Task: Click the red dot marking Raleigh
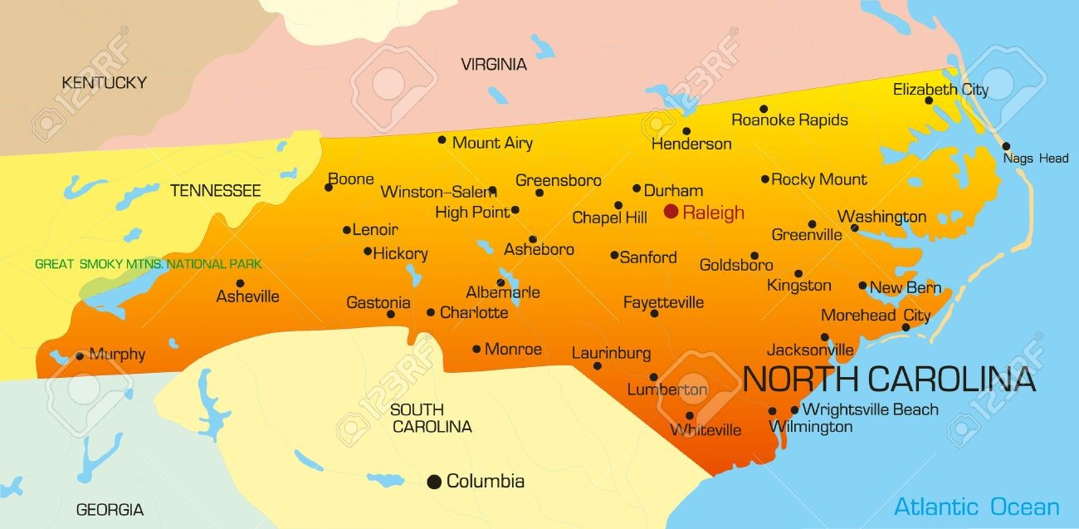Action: (671, 212)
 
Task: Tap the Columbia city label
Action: (486, 481)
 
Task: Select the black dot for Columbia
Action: (433, 482)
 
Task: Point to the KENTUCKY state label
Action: (104, 82)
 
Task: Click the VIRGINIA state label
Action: (494, 64)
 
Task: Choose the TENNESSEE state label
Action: (216, 190)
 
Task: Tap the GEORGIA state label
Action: (110, 509)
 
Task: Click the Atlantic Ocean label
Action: (976, 507)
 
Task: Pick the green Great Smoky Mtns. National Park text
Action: (148, 264)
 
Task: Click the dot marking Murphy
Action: (80, 356)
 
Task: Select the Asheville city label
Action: (247, 296)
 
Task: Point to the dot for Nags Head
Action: (1006, 146)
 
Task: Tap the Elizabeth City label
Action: (940, 90)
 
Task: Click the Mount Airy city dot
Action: (442, 140)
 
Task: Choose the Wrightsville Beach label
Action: (871, 409)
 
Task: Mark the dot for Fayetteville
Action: (654, 313)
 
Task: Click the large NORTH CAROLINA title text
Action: (889, 379)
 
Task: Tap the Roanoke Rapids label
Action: (789, 120)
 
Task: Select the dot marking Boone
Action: (329, 188)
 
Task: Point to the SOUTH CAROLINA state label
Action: (431, 418)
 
